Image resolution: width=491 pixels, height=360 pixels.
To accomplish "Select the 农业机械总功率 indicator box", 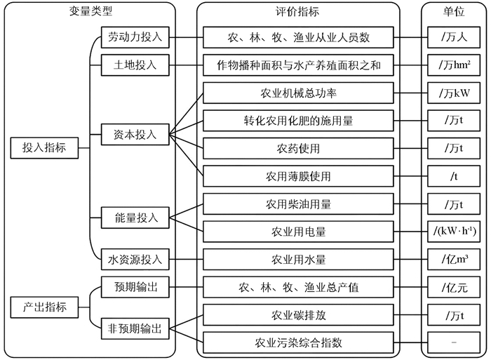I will [x=298, y=93].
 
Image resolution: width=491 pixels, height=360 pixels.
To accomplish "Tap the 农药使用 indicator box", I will [x=298, y=148].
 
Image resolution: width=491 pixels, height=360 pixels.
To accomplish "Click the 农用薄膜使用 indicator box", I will [x=298, y=175].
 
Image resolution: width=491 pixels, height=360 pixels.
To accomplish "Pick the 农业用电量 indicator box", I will [x=298, y=231].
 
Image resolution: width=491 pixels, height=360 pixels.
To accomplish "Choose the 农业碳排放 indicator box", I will [x=298, y=315].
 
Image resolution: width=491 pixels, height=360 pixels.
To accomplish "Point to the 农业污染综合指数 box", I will [x=298, y=342].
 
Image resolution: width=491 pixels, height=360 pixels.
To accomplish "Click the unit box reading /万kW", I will [x=454, y=93].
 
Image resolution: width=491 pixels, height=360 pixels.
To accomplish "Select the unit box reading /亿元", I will [x=454, y=287].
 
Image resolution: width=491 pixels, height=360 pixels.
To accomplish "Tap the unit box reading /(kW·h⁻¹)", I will [x=454, y=231].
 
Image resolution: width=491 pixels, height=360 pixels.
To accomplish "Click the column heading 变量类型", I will [x=89, y=12].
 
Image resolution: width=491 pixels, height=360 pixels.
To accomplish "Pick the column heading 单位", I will [x=454, y=12].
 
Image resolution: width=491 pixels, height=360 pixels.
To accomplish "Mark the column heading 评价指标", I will [x=298, y=12].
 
